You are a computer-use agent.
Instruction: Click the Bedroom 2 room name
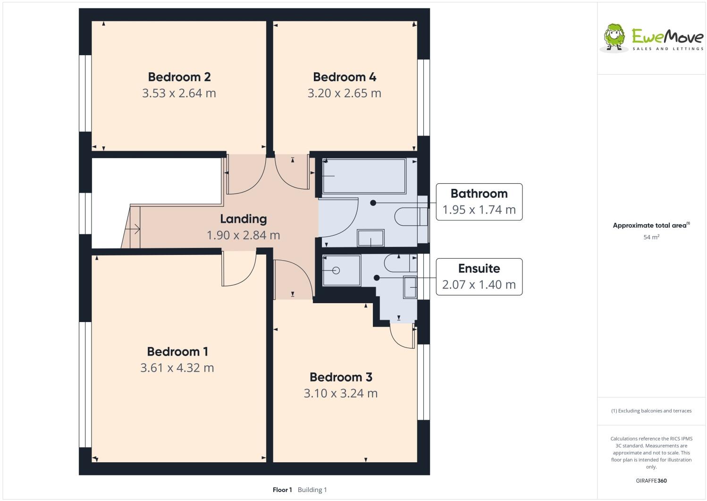click(179, 76)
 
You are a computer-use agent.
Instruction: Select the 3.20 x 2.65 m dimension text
click(344, 93)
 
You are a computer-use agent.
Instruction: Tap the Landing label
click(243, 219)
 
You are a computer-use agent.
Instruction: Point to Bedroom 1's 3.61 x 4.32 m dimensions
click(177, 367)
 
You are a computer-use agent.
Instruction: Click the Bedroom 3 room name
click(340, 377)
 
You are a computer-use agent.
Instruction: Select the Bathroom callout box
click(479, 202)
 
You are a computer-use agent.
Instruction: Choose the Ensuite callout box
click(479, 277)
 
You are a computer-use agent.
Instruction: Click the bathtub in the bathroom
click(363, 176)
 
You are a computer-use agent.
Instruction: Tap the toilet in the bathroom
click(409, 217)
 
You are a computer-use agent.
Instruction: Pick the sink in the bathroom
click(370, 238)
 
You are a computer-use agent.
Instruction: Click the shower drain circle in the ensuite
click(336, 271)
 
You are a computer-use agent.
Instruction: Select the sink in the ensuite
click(410, 287)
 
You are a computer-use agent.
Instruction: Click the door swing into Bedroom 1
click(238, 270)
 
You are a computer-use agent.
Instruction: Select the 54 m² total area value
click(651, 237)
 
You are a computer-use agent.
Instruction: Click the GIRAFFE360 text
click(651, 481)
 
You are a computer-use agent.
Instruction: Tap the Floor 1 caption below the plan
click(282, 490)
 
